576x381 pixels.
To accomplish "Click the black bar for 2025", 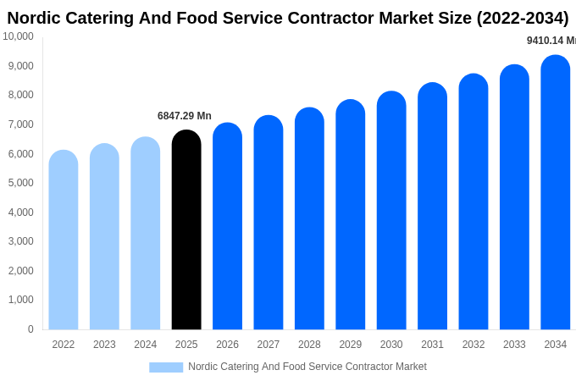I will coord(186,230).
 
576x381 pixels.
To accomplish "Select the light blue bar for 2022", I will coord(64,240).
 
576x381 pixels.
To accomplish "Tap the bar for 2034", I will coord(556,193).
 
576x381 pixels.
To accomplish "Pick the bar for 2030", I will coord(391,211).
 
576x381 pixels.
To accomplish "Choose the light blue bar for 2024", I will coord(146,234).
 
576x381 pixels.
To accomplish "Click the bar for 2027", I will coord(269,223).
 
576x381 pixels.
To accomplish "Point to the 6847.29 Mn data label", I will coord(185,116).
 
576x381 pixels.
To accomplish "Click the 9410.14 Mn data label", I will coord(551,41).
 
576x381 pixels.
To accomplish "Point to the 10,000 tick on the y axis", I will coord(18,36).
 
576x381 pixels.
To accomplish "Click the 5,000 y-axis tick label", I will coord(20,183).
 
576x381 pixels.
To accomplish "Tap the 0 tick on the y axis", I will coord(30,329).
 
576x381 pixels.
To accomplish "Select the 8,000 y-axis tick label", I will coord(20,95).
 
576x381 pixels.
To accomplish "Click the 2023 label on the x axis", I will coord(104,345).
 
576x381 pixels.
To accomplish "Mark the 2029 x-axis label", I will coord(351,345).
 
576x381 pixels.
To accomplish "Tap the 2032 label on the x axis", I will coord(474,345).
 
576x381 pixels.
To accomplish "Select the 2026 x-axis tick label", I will coord(227,345).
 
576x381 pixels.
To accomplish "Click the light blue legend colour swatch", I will coord(166,367).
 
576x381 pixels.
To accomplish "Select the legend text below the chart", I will coord(307,367).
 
